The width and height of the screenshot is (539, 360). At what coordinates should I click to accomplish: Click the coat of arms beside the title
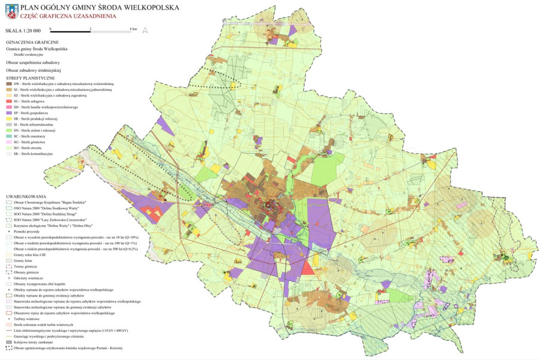(x=11, y=11)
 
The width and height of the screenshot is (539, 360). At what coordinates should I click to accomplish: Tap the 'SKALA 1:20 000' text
(x=23, y=30)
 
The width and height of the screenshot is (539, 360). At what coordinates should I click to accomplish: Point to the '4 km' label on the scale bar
(x=134, y=29)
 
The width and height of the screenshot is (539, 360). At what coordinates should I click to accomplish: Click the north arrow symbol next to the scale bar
(x=146, y=29)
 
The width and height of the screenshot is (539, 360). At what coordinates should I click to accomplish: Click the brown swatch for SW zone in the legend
(x=8, y=84)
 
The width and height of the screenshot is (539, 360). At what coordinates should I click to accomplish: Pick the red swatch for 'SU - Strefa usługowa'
(x=8, y=101)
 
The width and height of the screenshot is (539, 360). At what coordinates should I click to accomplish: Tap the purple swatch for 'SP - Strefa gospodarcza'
(x=8, y=113)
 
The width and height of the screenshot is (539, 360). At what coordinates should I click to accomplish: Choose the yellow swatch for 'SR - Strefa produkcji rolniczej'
(x=8, y=119)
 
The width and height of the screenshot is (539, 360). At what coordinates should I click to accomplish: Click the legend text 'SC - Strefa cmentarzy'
(x=30, y=136)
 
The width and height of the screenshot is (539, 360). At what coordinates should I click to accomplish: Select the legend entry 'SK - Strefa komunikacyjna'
(x=33, y=154)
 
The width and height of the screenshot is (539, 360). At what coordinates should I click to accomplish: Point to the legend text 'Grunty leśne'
(x=22, y=261)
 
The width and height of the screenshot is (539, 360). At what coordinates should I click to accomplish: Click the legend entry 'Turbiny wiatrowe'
(x=26, y=319)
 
